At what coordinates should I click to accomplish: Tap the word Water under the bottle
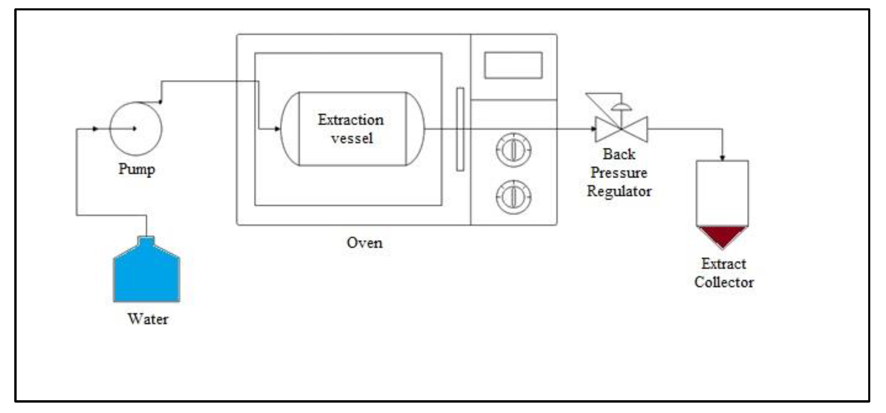click(148, 319)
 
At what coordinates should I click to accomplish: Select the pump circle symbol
click(136, 128)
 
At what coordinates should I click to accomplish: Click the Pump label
click(137, 169)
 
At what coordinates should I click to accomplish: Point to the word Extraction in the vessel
click(351, 120)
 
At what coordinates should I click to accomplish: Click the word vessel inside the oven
click(352, 138)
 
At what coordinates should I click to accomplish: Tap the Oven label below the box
click(364, 243)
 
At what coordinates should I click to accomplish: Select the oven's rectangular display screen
click(513, 65)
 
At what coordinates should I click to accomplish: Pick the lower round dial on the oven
click(513, 197)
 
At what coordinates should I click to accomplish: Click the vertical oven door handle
click(460, 129)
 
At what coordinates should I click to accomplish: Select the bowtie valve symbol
click(621, 129)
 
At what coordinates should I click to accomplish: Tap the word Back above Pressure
click(619, 154)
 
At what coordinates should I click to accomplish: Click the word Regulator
click(619, 191)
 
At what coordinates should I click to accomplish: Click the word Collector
click(724, 282)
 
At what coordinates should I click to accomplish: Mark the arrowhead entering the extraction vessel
click(277, 129)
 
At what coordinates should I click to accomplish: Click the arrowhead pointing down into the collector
click(722, 158)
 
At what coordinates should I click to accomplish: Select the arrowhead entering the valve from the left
click(593, 129)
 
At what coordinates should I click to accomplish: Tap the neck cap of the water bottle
click(146, 240)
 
